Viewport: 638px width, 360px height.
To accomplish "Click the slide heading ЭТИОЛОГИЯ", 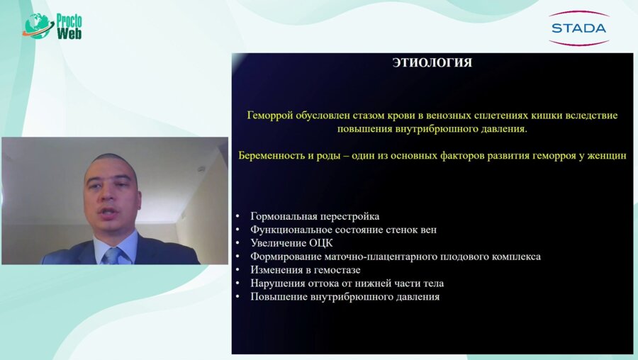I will [x=432, y=63].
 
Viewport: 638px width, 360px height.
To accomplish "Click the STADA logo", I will [x=578, y=28].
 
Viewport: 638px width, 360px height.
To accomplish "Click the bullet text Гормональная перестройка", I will [x=315, y=216].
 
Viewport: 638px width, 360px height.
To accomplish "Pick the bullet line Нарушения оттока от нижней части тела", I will [x=347, y=283].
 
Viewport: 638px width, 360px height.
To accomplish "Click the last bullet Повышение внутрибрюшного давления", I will [x=345, y=297].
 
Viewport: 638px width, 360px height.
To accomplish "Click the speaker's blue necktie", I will [x=112, y=255].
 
